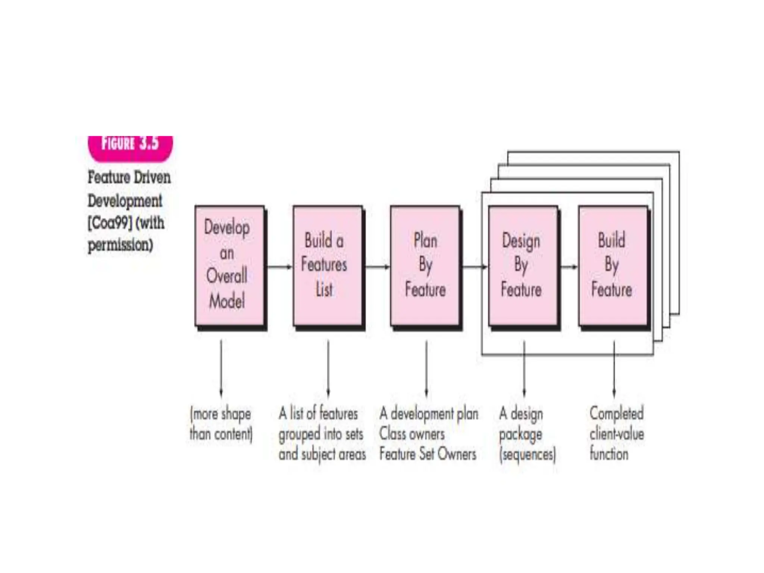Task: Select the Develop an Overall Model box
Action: pos(230,266)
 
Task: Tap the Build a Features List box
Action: pos(327,266)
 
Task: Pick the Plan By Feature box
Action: pos(425,266)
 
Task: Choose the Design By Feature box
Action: pos(523,266)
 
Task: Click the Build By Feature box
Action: pos(613,266)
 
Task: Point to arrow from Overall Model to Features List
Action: pos(279,266)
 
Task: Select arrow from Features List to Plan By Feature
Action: pos(377,266)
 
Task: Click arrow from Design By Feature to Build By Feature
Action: pos(569,266)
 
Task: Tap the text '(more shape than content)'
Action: pos(221,424)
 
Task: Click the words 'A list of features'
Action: pos(318,414)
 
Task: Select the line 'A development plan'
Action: pos(429,414)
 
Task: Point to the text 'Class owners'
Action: pos(412,434)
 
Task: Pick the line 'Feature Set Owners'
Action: pos(428,454)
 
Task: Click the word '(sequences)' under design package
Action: pos(527,455)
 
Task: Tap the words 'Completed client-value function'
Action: pos(616,434)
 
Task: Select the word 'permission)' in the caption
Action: pos(120,245)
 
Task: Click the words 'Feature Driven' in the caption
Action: pos(129,177)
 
